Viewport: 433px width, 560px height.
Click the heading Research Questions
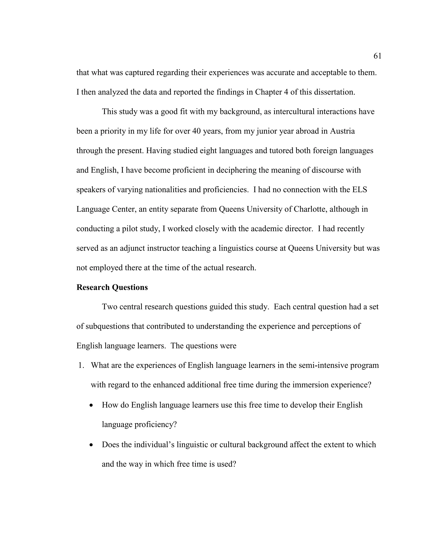(112, 287)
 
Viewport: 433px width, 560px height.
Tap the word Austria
(342, 131)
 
